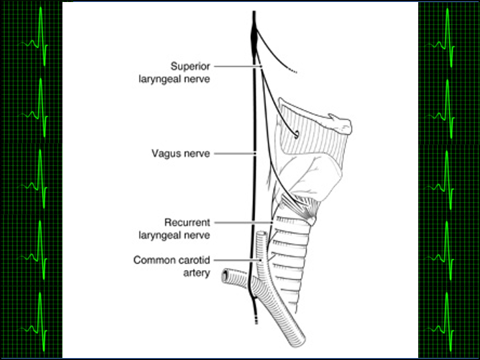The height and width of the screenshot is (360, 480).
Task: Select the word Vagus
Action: point(165,153)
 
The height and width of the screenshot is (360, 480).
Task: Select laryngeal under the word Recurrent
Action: point(180,235)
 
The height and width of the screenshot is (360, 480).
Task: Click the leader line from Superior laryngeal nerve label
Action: point(239,66)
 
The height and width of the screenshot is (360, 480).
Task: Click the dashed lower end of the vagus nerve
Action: point(254,316)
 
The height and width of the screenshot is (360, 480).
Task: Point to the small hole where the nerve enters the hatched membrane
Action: point(296,135)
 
